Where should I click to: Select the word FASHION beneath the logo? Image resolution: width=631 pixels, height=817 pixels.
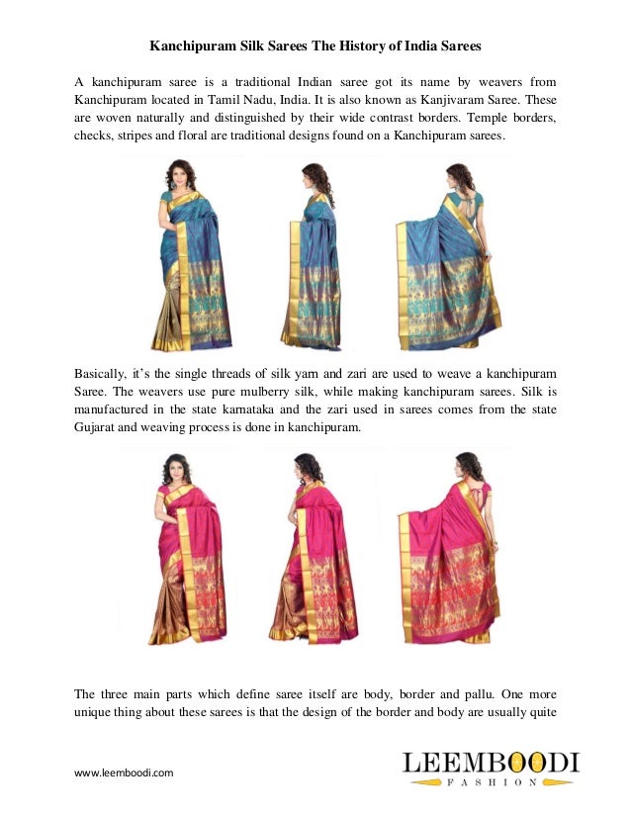coord(491,782)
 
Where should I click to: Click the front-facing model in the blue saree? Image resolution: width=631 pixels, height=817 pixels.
coord(181,256)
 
